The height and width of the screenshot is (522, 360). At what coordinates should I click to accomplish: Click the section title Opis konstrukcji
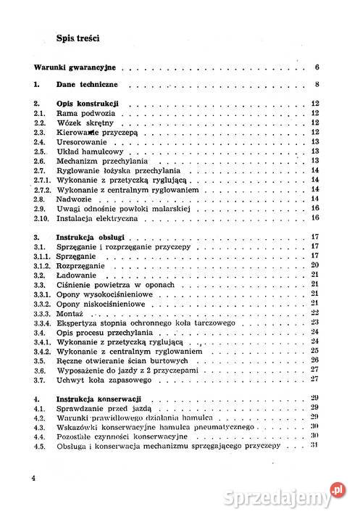tap(88, 104)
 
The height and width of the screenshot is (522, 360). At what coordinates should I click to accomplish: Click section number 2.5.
tap(41, 152)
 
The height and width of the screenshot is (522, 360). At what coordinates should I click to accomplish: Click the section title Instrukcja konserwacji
tap(98, 399)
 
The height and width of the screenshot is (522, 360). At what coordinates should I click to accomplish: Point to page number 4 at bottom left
tap(33, 479)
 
